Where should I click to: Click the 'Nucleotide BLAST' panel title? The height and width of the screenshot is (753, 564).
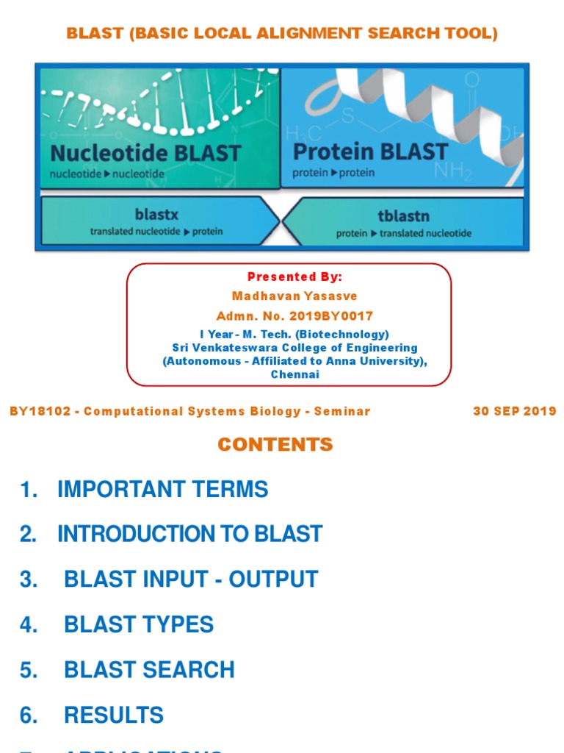click(x=145, y=153)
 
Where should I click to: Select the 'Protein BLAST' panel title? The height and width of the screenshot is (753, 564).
click(x=370, y=151)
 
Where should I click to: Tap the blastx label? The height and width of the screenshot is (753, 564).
click(x=156, y=215)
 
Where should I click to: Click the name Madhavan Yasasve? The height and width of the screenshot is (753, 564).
click(x=294, y=296)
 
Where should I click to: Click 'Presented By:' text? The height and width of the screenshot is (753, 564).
click(x=294, y=277)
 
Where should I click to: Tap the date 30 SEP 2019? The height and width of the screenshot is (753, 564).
click(x=515, y=411)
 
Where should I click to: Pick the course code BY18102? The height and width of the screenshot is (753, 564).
click(x=40, y=411)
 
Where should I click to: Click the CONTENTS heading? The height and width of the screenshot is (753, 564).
click(x=275, y=444)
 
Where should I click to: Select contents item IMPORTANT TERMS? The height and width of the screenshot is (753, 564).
click(x=162, y=489)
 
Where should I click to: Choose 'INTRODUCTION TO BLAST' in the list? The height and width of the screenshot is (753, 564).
click(x=189, y=534)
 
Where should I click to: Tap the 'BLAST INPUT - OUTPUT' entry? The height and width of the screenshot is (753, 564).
click(x=191, y=579)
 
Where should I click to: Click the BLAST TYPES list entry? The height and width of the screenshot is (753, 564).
click(x=139, y=624)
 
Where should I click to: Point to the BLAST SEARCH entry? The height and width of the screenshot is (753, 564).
click(x=149, y=670)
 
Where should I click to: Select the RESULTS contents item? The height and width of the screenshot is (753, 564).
click(x=114, y=715)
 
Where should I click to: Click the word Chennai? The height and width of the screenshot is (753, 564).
click(x=295, y=374)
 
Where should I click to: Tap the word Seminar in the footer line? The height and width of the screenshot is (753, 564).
click(x=342, y=411)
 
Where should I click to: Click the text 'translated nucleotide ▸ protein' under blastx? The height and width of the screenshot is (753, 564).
click(x=156, y=231)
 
